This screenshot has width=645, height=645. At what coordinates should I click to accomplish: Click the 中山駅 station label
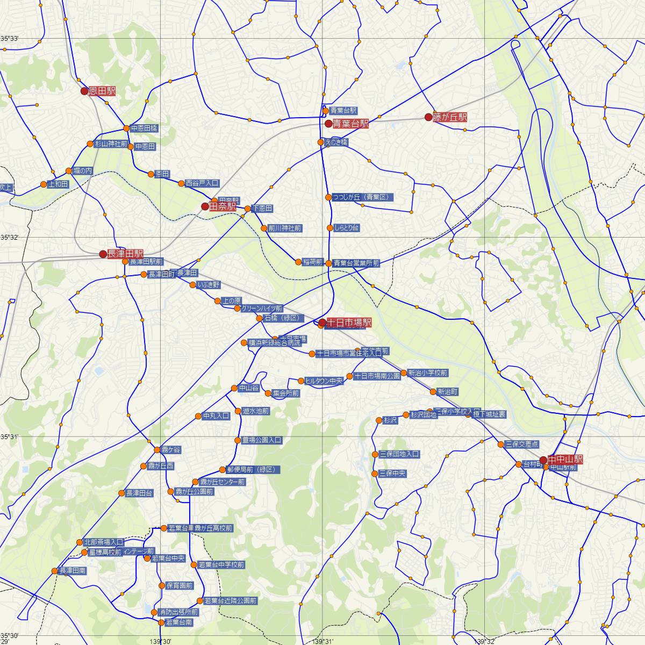(565, 460)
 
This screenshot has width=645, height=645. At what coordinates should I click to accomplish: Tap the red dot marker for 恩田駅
(84, 91)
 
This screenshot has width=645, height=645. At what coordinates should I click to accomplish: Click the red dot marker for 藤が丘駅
(428, 117)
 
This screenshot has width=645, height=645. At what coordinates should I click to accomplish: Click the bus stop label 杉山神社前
(111, 144)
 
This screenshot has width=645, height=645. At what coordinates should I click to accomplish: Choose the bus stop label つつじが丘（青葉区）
(363, 197)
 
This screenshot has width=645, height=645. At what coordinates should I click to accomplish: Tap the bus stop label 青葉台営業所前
(356, 263)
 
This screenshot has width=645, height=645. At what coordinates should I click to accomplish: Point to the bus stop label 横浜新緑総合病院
(274, 342)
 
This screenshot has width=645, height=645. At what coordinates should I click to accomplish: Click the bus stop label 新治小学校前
(427, 372)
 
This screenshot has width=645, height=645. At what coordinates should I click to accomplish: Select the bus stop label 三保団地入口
(399, 454)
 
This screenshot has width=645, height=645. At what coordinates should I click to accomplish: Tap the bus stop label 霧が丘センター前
(223, 482)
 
